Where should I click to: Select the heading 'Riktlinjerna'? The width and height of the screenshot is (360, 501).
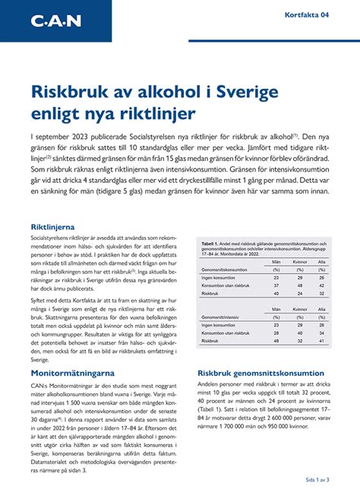point(52,227)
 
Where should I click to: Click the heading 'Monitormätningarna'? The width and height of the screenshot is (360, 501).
point(72,373)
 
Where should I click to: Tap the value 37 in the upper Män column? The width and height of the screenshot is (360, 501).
point(276,285)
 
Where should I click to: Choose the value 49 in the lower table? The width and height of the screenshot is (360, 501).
point(276,341)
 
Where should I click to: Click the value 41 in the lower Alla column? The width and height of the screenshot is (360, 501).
point(322,341)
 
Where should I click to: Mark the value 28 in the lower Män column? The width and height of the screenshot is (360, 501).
point(276,332)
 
